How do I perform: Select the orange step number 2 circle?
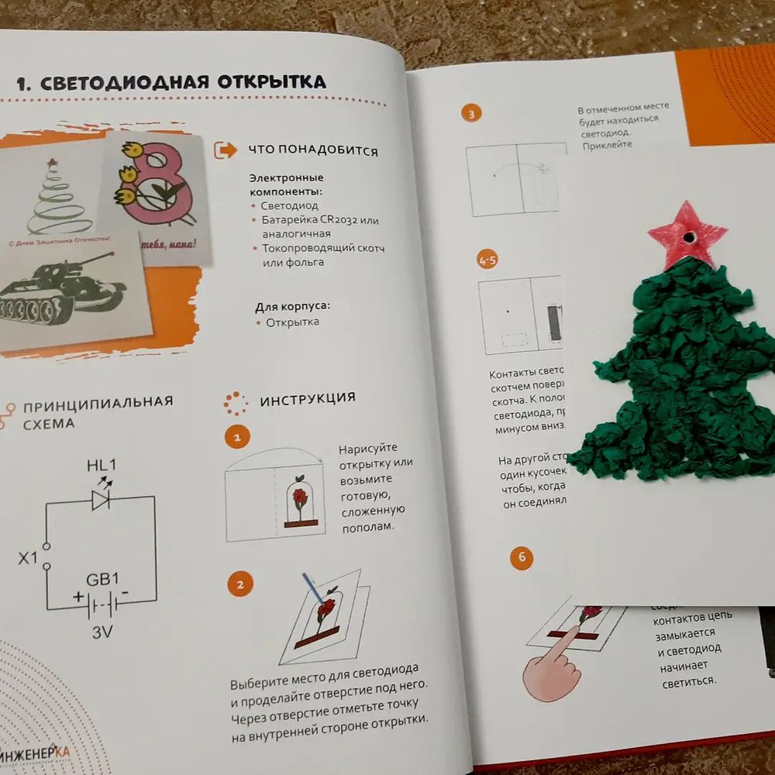(239, 584)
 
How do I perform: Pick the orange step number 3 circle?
(470, 114)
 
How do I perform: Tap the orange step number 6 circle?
(522, 558)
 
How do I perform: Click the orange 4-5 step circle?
(488, 260)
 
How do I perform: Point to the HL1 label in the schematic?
(101, 466)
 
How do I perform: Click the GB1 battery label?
(102, 579)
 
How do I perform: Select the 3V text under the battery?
(102, 632)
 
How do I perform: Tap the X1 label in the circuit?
(28, 557)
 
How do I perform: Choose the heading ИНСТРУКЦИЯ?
(308, 399)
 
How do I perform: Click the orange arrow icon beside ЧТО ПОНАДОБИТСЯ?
(226, 150)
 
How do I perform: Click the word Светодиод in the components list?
(289, 206)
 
